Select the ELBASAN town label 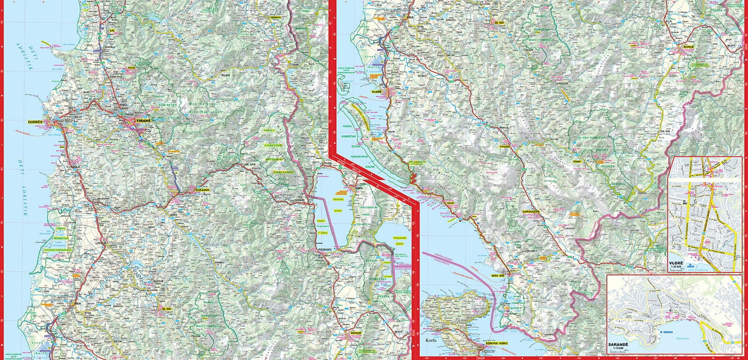coord(202,190)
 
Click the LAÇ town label coord(112,30)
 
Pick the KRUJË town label coord(132,67)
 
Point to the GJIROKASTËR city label coord(531,211)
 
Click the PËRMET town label coord(578,162)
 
